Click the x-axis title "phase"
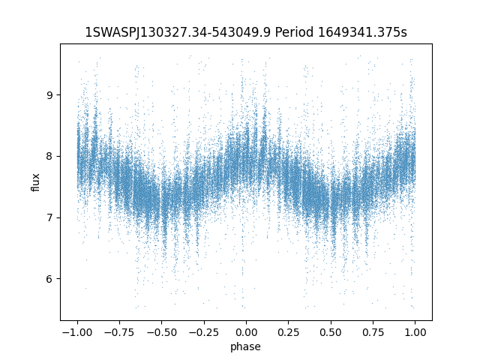246,346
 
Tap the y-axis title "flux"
35,182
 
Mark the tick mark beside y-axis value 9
58,95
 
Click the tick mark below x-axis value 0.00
246,322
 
